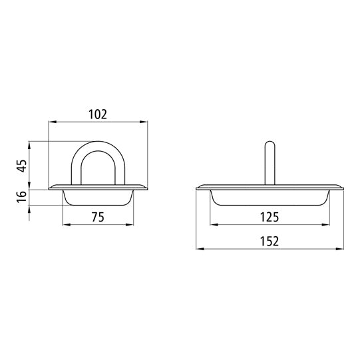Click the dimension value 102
pyautogui.click(x=98, y=114)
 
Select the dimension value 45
pyautogui.click(x=23, y=165)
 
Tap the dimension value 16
pyautogui.click(x=23, y=196)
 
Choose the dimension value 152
pyautogui.click(x=270, y=241)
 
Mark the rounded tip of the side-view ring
pyautogui.click(x=270, y=143)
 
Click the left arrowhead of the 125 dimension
pyautogui.click(x=214, y=224)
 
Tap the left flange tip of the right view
pyautogui.click(x=198, y=188)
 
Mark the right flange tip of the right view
pyautogui.click(x=341, y=188)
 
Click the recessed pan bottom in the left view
pyautogui.click(x=98, y=204)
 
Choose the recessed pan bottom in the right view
pyautogui.click(x=270, y=204)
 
